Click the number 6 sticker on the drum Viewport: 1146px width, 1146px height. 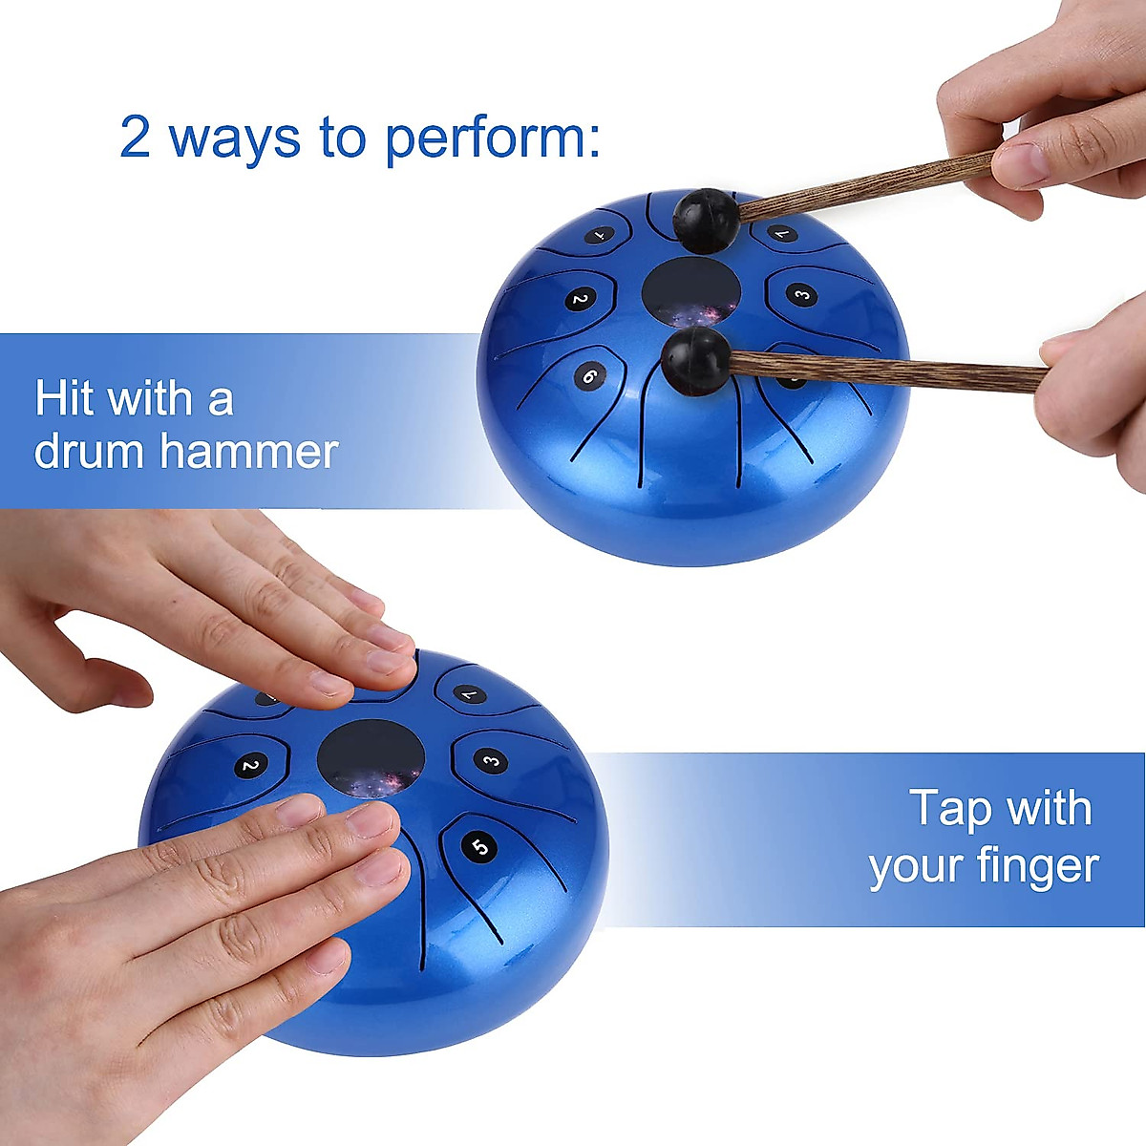click(589, 376)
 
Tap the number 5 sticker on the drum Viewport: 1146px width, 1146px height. click(480, 846)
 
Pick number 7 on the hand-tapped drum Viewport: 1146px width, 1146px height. click(468, 694)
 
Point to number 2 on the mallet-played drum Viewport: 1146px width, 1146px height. click(578, 300)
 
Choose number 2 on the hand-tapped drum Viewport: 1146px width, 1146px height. click(249, 765)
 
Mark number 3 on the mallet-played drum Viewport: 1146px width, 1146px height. click(803, 294)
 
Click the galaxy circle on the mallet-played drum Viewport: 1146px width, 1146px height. click(690, 291)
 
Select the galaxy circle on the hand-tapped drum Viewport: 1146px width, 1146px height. click(371, 759)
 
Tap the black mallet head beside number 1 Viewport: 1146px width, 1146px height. click(706, 220)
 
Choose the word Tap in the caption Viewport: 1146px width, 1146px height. click(951, 809)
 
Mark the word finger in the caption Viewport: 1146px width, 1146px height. click(1037, 867)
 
